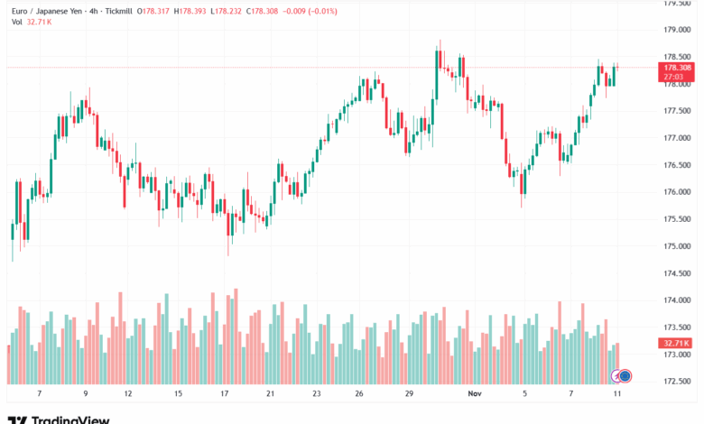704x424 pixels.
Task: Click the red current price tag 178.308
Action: tap(677, 68)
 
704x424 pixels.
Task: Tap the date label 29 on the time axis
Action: tap(409, 394)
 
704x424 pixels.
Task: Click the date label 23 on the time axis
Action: tap(317, 394)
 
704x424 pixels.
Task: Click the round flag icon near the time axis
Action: tap(624, 375)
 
